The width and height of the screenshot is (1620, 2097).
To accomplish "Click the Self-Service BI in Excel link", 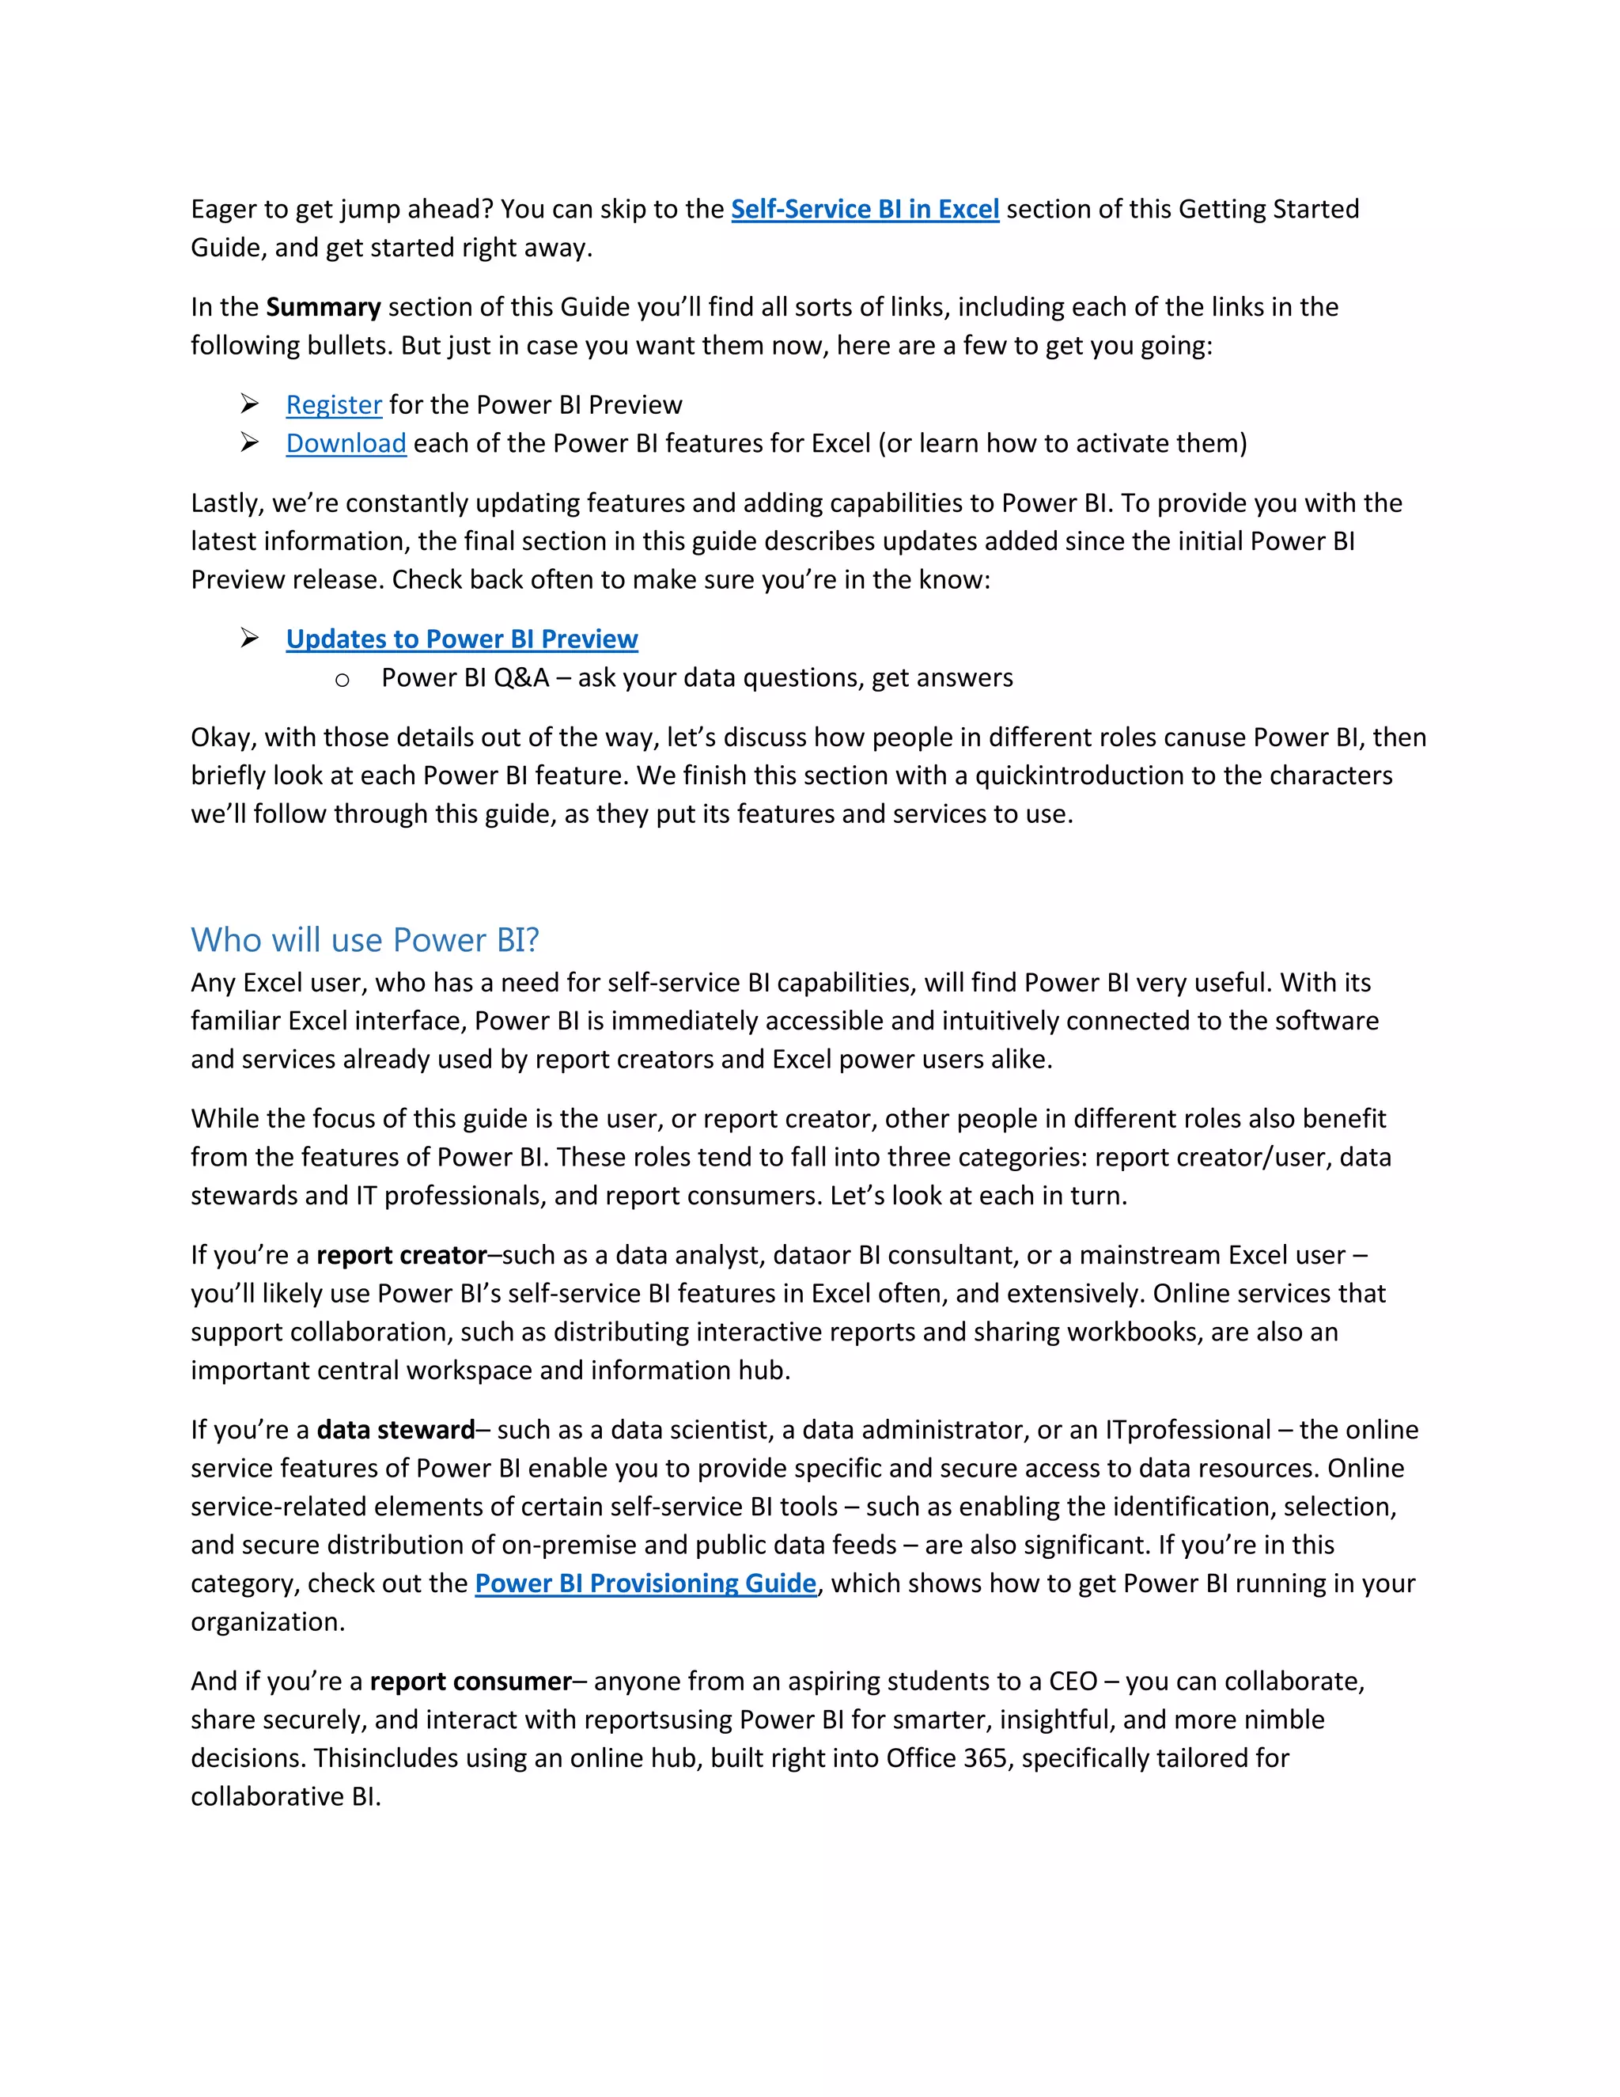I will coord(865,210).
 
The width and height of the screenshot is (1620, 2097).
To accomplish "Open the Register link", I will coord(334,405).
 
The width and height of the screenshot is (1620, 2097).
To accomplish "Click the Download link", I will coord(346,444).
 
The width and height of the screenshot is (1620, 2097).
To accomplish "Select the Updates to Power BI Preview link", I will coord(462,639).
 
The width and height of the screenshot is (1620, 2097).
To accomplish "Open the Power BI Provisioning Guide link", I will coord(645,1583).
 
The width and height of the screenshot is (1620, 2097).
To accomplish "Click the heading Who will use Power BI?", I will coord(365,940).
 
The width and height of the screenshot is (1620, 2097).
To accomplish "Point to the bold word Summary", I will coord(324,307).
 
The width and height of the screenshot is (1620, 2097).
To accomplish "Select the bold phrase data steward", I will coord(396,1431).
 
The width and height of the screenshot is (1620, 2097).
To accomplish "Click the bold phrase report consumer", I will coord(471,1682).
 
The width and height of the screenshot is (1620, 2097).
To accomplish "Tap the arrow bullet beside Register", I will coord(249,404).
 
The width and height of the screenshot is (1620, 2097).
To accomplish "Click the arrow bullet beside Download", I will coord(249,442).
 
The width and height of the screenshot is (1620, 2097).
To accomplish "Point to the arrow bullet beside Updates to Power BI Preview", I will coord(249,639).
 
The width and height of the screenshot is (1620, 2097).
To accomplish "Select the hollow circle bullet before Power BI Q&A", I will coord(343,681).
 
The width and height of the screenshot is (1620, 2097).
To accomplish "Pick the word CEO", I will coord(1073,1682).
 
